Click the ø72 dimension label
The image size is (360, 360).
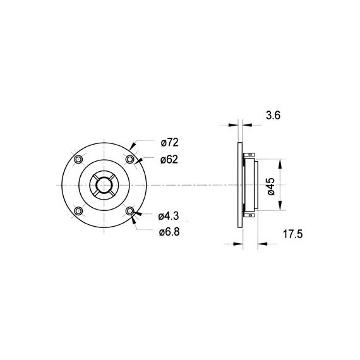[x=170, y=143]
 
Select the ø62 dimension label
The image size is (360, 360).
[x=169, y=160]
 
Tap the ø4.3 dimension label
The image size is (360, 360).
[x=169, y=216]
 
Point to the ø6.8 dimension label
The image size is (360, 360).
[x=169, y=232]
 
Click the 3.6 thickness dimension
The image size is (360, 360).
[x=273, y=115]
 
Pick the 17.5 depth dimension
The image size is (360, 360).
[x=292, y=234]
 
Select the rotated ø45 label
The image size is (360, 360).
[x=271, y=186]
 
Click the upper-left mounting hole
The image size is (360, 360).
[x=78, y=159]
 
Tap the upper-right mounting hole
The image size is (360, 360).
[x=129, y=159]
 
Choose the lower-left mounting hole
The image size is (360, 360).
[x=78, y=211]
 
